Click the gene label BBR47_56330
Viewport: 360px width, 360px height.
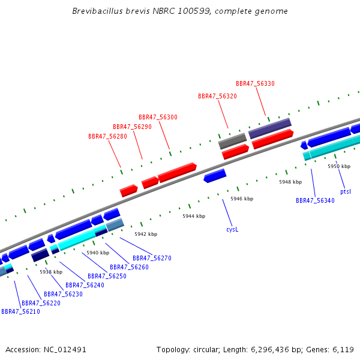click(x=255, y=83)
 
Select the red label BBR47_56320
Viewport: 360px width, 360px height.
click(x=217, y=96)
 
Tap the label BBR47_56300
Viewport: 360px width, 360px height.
click(x=158, y=118)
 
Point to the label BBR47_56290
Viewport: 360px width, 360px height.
click(x=132, y=127)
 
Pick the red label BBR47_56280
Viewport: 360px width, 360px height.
click(x=107, y=136)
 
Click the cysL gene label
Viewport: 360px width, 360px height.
click(x=232, y=229)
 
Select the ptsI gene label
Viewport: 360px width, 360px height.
click(x=346, y=191)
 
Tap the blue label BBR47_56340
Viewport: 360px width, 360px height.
click(x=315, y=200)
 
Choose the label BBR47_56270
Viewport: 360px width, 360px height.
click(x=152, y=258)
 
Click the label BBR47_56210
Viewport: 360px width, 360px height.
click(x=20, y=311)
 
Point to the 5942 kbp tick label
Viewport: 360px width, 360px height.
click(x=146, y=234)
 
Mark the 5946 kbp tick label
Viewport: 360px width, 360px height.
click(x=242, y=199)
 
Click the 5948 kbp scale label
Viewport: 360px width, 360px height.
click(x=290, y=182)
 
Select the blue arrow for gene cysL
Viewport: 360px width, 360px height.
click(x=215, y=176)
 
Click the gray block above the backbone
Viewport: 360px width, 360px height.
click(x=232, y=141)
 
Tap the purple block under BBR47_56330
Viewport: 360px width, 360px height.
click(x=270, y=128)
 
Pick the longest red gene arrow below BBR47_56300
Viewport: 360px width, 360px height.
click(x=177, y=173)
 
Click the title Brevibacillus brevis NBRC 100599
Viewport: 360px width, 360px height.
click(x=141, y=11)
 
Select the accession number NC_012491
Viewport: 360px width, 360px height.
click(x=65, y=350)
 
